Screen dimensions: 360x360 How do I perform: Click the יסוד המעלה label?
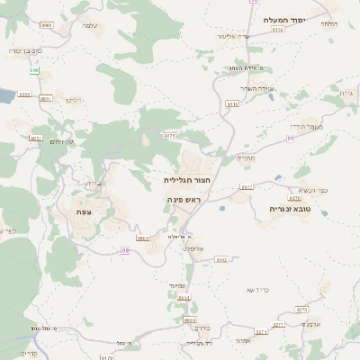286,20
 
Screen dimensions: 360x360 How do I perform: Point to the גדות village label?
346,93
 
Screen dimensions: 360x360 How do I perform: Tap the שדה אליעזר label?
233,36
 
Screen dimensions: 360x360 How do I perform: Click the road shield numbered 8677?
247,187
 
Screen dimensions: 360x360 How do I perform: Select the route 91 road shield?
290,138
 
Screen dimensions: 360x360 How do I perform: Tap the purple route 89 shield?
125,250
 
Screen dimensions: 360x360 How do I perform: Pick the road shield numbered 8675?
169,135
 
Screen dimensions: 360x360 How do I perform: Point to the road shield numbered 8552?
221,260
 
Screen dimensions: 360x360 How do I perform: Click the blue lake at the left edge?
4,94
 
